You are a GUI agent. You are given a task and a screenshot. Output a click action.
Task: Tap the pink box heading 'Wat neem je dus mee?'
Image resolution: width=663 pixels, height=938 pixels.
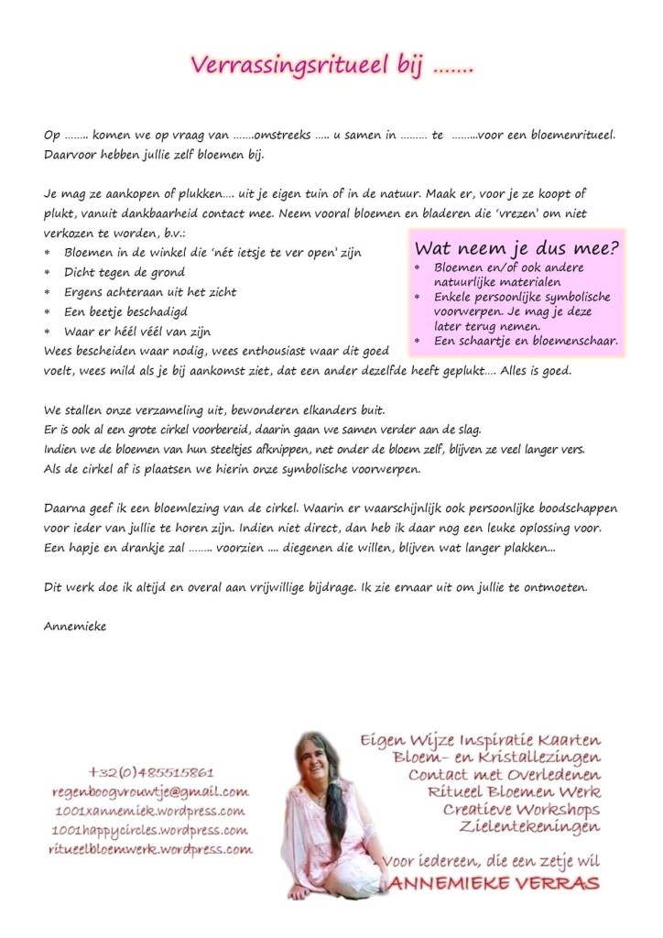tap(516, 247)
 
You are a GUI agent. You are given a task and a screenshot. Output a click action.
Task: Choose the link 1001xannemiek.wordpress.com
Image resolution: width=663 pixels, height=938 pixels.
tap(149, 811)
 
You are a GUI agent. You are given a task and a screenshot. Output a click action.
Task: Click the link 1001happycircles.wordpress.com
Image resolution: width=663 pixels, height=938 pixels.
tap(149, 830)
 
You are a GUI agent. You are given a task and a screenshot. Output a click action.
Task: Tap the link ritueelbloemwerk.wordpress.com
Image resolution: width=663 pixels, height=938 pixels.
tap(149, 849)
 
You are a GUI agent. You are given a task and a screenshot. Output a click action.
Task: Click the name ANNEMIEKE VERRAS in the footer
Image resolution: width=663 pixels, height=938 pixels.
tap(495, 884)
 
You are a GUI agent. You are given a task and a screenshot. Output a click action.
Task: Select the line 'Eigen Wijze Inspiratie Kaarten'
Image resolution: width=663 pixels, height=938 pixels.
tap(481, 738)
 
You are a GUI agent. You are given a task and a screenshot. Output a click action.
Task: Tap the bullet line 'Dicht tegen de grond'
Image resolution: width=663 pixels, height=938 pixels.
tap(124, 272)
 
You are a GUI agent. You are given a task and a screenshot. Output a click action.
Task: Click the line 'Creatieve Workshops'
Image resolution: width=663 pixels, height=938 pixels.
tap(520, 811)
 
